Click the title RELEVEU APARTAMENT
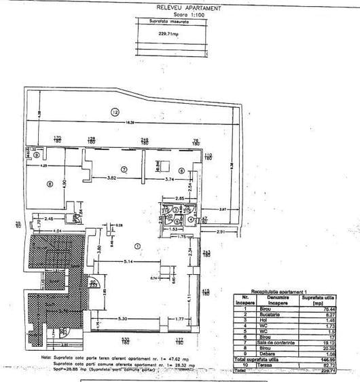point(180,7)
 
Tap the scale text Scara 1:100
point(179,14)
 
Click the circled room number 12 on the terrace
point(115,111)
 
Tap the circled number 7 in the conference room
point(124,168)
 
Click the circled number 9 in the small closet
point(35,154)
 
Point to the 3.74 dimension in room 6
point(173,178)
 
